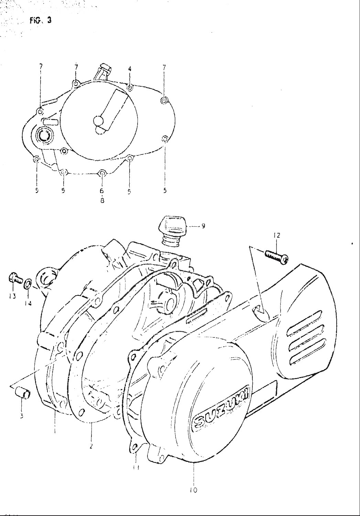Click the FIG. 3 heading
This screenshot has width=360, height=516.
tap(41, 20)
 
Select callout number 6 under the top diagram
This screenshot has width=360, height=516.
tap(102, 191)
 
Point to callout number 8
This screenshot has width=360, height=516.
tap(102, 200)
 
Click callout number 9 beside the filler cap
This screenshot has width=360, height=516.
tap(203, 226)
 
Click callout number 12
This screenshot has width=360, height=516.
tap(277, 236)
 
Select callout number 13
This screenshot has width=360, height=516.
tap(12, 297)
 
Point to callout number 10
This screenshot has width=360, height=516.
tap(194, 490)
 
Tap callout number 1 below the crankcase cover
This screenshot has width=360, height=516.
tap(55, 430)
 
